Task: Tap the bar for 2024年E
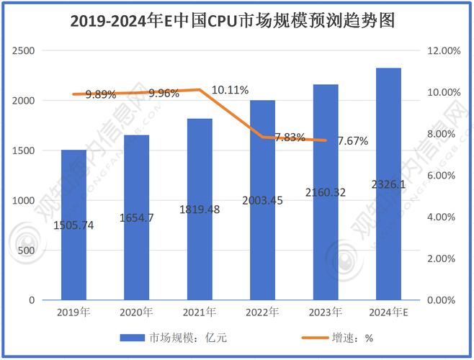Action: [x=388, y=216]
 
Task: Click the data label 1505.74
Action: [x=73, y=225]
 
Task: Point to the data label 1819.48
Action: [x=200, y=210]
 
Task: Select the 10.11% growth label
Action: [x=230, y=90]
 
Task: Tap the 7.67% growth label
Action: [x=352, y=141]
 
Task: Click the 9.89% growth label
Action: [x=100, y=94]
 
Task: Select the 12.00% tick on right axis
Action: [x=443, y=51]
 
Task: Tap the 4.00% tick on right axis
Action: [x=443, y=217]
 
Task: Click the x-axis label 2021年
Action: [x=200, y=312]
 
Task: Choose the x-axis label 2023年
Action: [x=326, y=312]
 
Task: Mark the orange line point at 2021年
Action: [x=200, y=90]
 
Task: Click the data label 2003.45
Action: [x=262, y=201]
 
